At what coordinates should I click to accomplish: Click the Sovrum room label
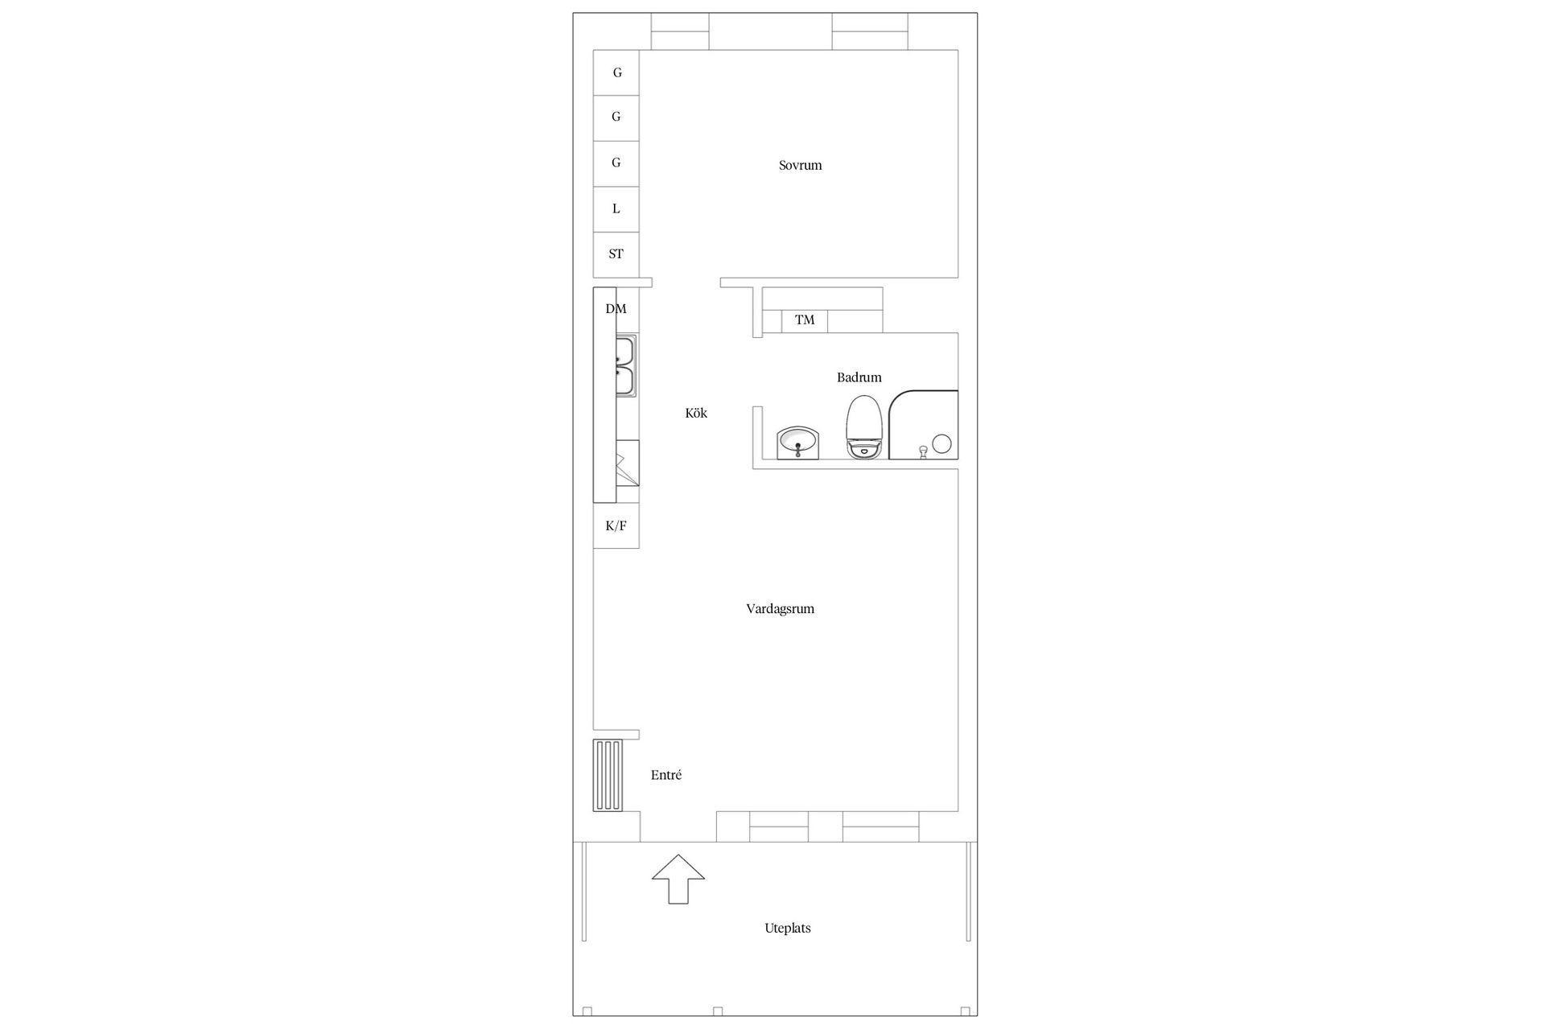[800, 166]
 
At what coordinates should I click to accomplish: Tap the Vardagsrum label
[780, 609]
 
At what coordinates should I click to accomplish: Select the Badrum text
[859, 377]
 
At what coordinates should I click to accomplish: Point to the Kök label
[696, 414]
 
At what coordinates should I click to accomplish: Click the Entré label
[666, 776]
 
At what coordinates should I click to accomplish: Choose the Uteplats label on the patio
[787, 929]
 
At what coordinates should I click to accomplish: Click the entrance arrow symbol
[678, 879]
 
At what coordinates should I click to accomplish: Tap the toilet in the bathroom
[865, 427]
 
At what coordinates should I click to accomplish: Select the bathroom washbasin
[798, 443]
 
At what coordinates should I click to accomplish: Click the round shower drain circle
[941, 443]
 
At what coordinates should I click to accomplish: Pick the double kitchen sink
[626, 366]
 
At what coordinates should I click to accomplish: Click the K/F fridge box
[616, 526]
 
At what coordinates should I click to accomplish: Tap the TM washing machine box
[805, 320]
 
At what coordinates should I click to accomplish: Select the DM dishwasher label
[616, 309]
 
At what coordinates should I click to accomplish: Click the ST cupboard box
[616, 254]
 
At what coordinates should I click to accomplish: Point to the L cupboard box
[616, 209]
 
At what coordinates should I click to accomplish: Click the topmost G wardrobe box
[616, 72]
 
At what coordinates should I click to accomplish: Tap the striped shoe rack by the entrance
[608, 775]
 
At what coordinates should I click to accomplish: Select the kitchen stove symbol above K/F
[627, 464]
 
